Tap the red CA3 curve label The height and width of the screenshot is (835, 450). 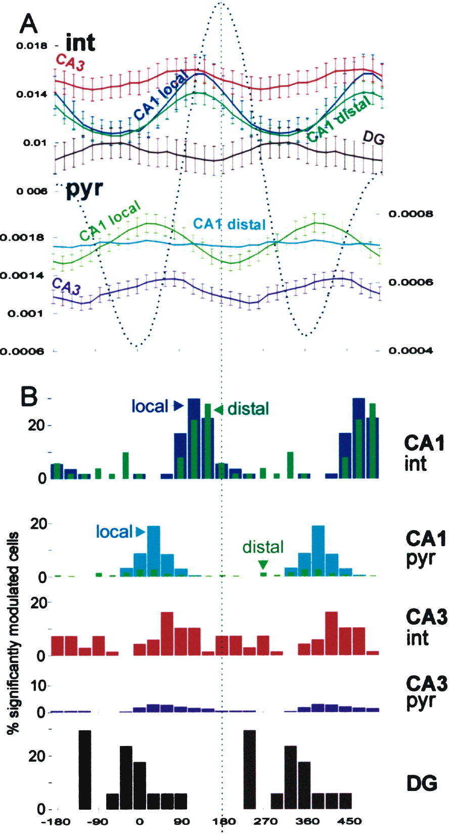tap(66, 61)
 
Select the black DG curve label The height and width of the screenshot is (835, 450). tap(374, 137)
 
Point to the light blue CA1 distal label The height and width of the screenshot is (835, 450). tap(229, 224)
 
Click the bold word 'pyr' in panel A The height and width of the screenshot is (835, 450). tap(84, 189)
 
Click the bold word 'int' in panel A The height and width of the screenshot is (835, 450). tap(80, 42)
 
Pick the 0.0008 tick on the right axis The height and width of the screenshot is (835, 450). tap(411, 214)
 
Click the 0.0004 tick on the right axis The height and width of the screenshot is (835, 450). tap(411, 350)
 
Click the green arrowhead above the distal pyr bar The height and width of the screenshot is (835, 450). tap(263, 564)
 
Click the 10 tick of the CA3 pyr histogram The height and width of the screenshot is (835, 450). tap(39, 686)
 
